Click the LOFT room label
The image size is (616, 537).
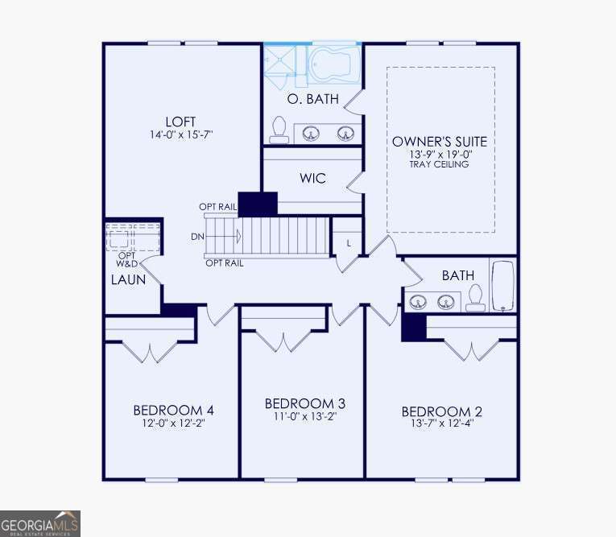click(x=180, y=122)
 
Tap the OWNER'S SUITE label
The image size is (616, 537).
click(x=440, y=142)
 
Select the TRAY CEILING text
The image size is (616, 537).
click(x=440, y=164)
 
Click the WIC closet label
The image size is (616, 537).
click(x=312, y=178)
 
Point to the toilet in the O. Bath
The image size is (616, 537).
click(x=279, y=128)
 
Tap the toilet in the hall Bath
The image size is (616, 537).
click(x=476, y=299)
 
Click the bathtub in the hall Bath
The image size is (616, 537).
click(x=503, y=285)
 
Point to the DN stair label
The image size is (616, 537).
click(x=198, y=237)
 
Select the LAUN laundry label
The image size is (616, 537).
click(x=128, y=280)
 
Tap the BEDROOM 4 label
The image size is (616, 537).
click(x=173, y=410)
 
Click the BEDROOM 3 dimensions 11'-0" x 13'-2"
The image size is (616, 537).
click(x=304, y=416)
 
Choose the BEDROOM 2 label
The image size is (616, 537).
click(x=442, y=412)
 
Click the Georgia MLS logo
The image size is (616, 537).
click(x=40, y=523)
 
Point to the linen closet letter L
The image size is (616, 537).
click(x=349, y=243)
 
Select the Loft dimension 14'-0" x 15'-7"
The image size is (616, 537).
click(x=180, y=134)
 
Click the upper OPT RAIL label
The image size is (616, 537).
click(x=217, y=207)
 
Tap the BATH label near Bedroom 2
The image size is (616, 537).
click(x=457, y=275)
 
